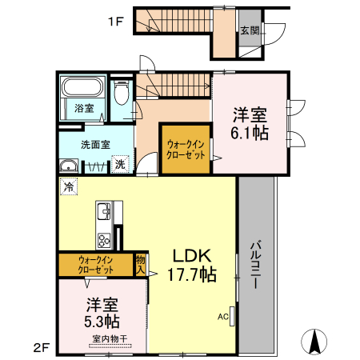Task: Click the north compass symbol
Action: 314,342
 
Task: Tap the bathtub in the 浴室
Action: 82,86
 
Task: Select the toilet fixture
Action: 122,92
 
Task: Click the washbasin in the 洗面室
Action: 69,166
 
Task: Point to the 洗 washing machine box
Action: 120,164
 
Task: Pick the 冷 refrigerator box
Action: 69,186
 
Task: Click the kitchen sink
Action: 104,211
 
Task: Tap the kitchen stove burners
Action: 104,240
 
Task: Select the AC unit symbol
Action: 232,316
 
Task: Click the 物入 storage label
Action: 140,265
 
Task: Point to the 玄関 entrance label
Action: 250,30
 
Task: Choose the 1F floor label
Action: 116,22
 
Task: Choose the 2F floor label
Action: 42,348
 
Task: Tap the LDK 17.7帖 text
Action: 192,265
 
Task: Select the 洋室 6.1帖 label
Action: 250,123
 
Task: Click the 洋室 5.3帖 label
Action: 102,313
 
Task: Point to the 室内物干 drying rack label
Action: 110,339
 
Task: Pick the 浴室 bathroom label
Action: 84,108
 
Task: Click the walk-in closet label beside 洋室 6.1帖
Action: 186,150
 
